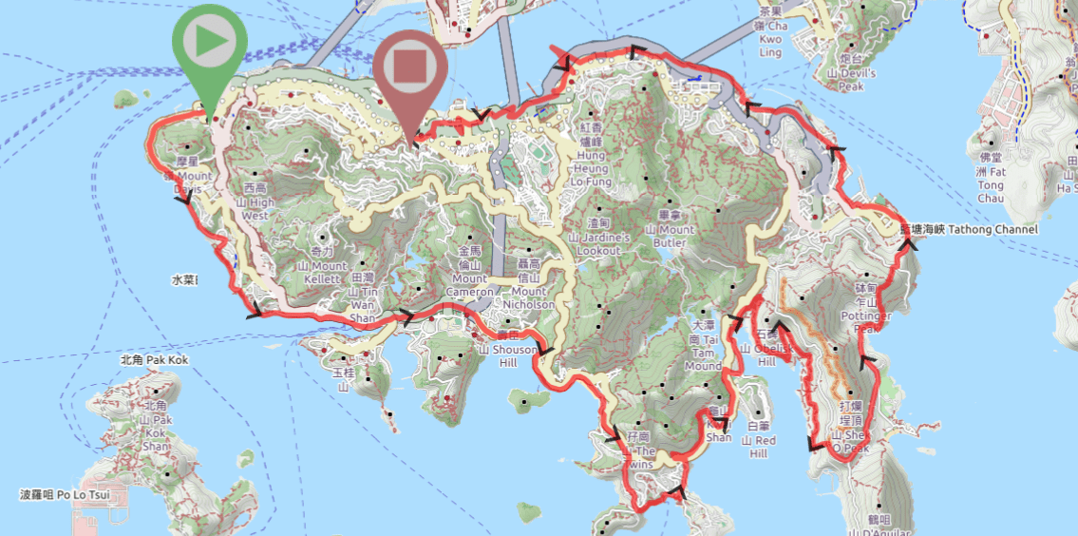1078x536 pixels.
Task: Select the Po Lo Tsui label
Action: click(65, 495)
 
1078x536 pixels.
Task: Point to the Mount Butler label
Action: click(671, 229)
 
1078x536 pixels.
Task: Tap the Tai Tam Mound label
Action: click(704, 353)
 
